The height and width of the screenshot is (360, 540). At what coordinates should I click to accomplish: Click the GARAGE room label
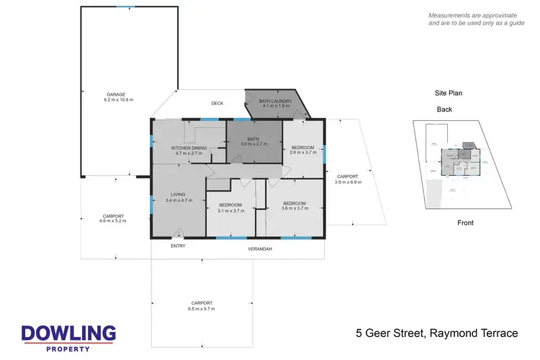click(117, 94)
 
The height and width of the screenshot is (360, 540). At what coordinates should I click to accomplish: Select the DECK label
click(217, 104)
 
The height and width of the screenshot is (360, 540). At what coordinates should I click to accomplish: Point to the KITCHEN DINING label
click(189, 148)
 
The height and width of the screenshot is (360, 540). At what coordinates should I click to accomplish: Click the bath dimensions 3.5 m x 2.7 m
click(254, 144)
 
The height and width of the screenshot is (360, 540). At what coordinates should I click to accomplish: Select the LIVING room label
click(178, 194)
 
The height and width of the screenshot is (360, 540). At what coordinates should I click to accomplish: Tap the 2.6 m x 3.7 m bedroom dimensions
click(303, 153)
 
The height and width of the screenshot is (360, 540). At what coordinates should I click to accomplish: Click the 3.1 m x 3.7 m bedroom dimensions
click(233, 210)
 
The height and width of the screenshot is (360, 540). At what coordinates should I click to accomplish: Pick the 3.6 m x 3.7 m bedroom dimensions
click(295, 209)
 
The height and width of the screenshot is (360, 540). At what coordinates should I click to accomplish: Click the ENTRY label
click(178, 246)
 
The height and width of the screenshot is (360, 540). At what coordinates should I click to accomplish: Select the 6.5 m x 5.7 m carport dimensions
click(202, 308)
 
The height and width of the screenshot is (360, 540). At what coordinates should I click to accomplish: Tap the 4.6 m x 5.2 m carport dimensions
click(112, 222)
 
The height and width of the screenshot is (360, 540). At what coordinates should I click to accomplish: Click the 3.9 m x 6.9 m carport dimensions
click(348, 182)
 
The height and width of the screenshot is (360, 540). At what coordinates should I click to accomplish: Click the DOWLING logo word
click(68, 333)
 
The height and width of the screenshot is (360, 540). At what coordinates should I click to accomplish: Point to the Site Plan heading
click(446, 93)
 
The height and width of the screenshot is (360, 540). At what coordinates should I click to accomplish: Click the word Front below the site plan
click(465, 223)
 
